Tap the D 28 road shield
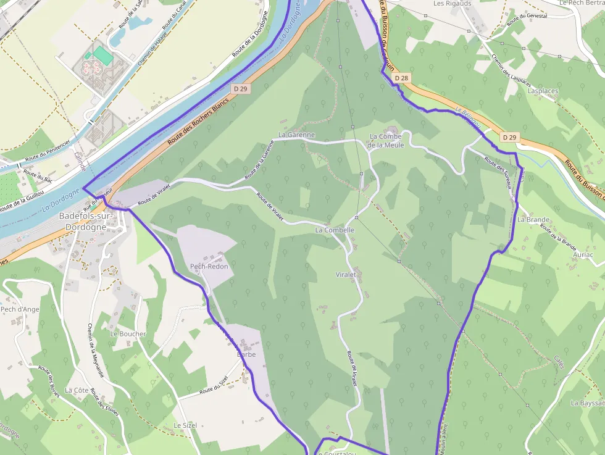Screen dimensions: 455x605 [401, 78]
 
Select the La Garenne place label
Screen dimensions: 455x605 [296, 135]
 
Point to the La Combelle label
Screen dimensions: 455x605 [335, 230]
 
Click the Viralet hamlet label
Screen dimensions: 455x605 [346, 274]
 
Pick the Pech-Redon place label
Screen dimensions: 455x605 [209, 267]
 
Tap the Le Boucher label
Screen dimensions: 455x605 [128, 334]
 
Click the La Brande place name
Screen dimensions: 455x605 [533, 220]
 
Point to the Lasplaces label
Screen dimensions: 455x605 [543, 91]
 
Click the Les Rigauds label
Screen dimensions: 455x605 [452, 4]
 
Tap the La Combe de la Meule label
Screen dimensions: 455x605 [386, 141]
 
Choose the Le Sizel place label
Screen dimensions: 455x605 [185, 426]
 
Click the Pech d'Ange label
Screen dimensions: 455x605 [20, 309]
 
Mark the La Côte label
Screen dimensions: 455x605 [77, 390]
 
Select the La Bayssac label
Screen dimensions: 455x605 [587, 403]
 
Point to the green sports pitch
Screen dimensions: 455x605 [103, 56]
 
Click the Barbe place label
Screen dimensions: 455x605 [246, 354]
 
